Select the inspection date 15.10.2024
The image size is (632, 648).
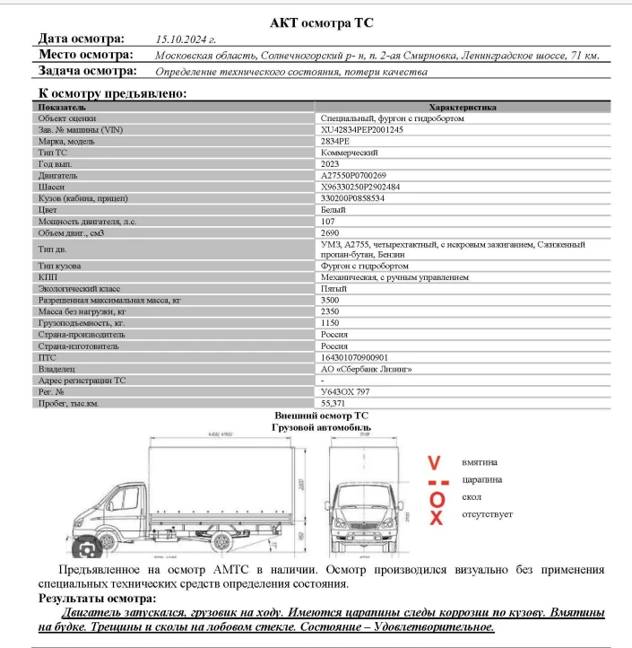pos(186,39)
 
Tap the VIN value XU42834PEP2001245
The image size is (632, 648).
pos(362,130)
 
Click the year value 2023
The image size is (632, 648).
pos(330,164)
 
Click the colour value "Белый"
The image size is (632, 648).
pos(333,209)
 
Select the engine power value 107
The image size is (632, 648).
pos(328,221)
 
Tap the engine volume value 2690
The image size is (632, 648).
pos(330,232)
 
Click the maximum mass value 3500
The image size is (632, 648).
pos(330,300)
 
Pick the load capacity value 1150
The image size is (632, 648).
pos(330,322)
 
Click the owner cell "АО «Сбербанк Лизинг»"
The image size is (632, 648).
pos(366,368)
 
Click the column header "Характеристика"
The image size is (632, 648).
pos(463,107)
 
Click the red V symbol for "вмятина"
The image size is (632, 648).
pos(435,463)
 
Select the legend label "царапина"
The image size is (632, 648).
pos(481,479)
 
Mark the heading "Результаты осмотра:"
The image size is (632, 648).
pos(97,598)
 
